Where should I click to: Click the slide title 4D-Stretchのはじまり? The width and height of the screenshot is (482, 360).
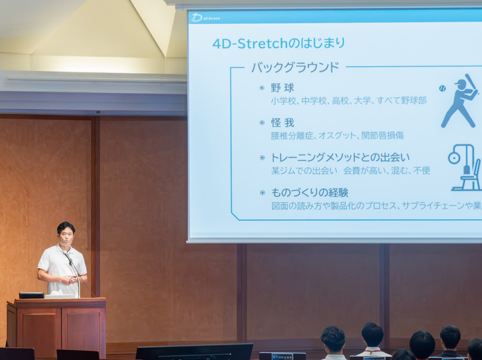(x=278, y=43)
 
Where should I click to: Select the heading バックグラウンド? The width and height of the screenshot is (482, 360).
(x=294, y=67)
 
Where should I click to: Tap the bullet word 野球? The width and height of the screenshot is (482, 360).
(x=282, y=88)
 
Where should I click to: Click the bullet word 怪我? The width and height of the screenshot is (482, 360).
(x=282, y=123)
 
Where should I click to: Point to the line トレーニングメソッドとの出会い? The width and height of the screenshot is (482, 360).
(x=340, y=157)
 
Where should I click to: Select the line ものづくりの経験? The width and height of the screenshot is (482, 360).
(x=310, y=192)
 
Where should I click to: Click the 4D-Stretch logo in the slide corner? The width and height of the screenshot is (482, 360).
(x=206, y=17)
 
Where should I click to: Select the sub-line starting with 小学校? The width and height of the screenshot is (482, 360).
(x=348, y=101)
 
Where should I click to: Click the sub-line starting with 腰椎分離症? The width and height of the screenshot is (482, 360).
(x=337, y=136)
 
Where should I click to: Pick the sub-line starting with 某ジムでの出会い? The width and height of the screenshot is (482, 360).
(x=350, y=170)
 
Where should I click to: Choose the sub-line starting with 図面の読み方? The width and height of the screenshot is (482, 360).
(x=376, y=206)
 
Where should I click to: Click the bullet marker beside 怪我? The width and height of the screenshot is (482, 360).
(x=262, y=123)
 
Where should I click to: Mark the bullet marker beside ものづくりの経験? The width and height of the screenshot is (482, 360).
(x=262, y=192)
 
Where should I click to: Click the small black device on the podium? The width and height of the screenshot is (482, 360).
(x=31, y=295)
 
